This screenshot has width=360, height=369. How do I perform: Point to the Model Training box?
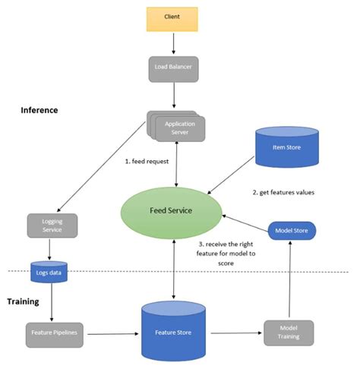tap(288, 332)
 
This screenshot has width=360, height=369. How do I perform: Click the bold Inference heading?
tap(39, 110)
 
